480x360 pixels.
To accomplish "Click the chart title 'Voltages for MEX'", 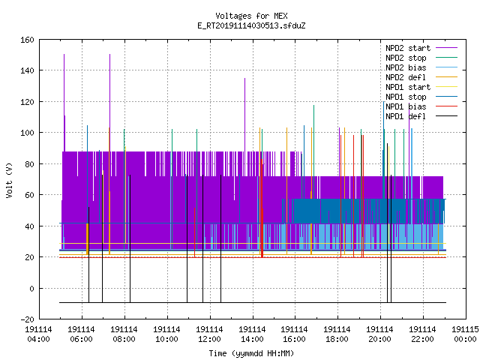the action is [251, 16].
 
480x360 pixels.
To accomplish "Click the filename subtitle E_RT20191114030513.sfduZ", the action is [251, 25].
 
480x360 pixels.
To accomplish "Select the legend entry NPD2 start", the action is [421, 48].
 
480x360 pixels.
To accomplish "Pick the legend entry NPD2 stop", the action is [421, 58].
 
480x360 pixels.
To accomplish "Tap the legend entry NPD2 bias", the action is [421, 67].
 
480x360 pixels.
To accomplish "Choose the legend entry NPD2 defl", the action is [421, 77].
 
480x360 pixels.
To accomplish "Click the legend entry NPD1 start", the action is [421, 87].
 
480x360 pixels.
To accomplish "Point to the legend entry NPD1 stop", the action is [421, 97].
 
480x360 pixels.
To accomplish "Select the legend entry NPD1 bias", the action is [421, 106].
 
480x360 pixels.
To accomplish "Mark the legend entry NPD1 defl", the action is [421, 117].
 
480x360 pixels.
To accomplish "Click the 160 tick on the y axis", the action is [27, 40].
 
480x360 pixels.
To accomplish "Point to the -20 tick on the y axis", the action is [27, 319].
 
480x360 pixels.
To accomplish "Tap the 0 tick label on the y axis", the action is [31, 289].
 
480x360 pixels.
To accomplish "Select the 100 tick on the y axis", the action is [27, 133].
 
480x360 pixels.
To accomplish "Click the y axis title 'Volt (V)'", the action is [9, 180].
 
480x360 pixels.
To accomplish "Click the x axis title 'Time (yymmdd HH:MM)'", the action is [251, 353].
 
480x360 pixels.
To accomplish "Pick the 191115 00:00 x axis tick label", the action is [465, 334].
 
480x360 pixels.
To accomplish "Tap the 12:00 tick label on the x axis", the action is [209, 334].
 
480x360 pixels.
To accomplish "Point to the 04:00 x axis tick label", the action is [38, 334].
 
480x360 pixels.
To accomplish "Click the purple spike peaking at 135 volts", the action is [245, 115].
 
